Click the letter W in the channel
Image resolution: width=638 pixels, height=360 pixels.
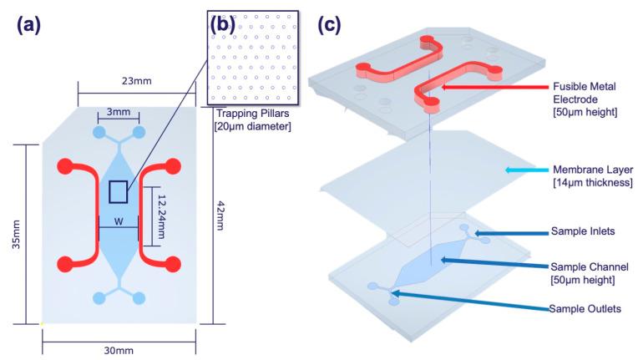(118, 221)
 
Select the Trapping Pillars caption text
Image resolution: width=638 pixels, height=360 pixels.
(257, 120)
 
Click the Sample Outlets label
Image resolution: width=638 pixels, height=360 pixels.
(585, 309)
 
